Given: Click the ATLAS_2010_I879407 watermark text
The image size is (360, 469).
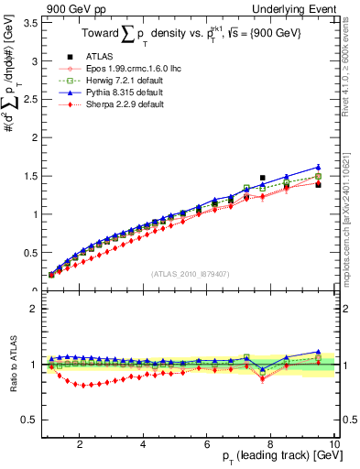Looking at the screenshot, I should pos(189,273).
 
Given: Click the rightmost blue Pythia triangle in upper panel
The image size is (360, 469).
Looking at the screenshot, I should pos(318,167).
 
